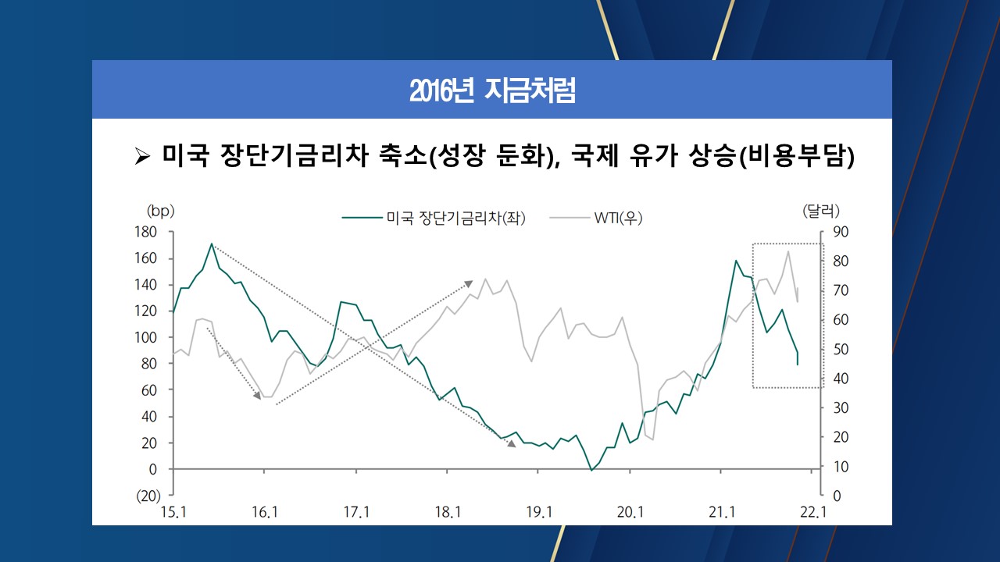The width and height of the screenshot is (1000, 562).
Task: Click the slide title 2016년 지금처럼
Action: coord(492,91)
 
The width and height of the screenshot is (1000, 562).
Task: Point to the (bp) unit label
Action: coord(160,211)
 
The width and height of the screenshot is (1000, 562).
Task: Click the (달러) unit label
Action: coord(820,211)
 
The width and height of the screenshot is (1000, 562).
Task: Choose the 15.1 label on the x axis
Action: coord(173,512)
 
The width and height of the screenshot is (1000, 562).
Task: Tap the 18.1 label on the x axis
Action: coord(448,512)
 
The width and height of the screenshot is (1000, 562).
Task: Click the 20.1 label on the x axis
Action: coord(630,512)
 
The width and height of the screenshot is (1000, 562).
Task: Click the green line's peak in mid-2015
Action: coord(212,244)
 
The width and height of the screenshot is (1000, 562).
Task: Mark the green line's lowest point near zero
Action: coord(591,470)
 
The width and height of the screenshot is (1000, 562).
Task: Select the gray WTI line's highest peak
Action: coord(788,251)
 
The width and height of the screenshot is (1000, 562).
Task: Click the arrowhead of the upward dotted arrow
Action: coord(470,283)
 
